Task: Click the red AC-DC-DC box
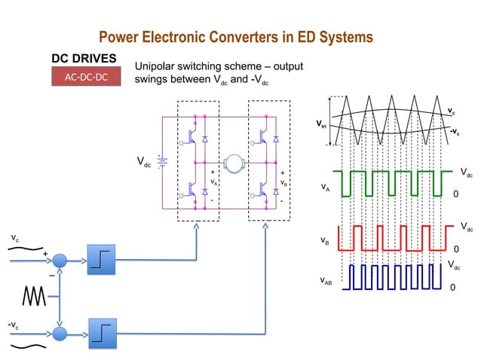click(86, 77)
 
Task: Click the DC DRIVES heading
click(84, 58)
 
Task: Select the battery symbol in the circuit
click(161, 161)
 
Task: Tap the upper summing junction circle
click(60, 260)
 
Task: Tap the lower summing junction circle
click(60, 332)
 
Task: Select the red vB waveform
click(392, 237)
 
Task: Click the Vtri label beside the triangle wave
click(321, 124)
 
